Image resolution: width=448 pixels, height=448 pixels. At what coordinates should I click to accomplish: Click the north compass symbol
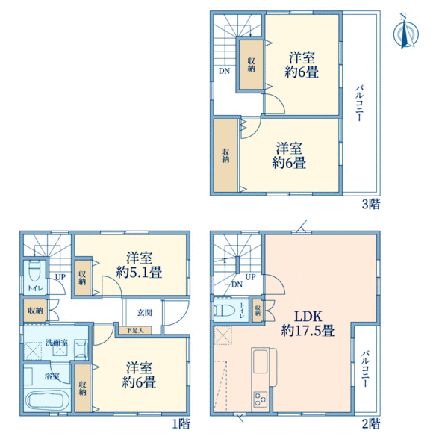coord(405,33)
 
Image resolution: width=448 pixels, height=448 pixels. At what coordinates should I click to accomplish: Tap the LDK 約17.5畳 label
coord(308,323)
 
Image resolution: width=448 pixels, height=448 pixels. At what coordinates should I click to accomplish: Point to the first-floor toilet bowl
coord(35,270)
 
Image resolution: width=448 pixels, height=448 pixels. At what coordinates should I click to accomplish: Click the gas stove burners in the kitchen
coord(261,399)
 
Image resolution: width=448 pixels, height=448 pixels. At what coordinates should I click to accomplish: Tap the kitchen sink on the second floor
coord(261,361)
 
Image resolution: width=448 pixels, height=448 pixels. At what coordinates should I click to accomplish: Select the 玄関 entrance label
coord(145,313)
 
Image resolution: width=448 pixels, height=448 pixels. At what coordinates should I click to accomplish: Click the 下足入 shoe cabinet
coord(135,330)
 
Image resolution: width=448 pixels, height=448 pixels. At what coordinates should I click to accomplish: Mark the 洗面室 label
coord(57,342)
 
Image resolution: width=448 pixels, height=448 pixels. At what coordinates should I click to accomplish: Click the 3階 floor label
coord(371,204)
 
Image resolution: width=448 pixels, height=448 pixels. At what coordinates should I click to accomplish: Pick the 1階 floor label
coord(181,423)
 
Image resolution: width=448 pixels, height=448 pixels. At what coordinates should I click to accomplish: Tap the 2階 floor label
coord(371,423)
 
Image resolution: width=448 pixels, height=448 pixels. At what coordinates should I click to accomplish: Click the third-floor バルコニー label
coord(359,102)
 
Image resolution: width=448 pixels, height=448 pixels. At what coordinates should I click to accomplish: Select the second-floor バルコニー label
coord(365,369)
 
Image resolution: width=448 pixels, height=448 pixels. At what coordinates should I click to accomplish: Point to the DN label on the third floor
coord(224,71)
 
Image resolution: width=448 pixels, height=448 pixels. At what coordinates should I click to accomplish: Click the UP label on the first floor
coord(60,276)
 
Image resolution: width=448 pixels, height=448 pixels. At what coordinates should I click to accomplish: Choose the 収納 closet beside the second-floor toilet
coord(258,310)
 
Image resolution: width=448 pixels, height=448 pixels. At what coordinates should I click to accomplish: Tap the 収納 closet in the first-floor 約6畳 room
coord(82,388)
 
